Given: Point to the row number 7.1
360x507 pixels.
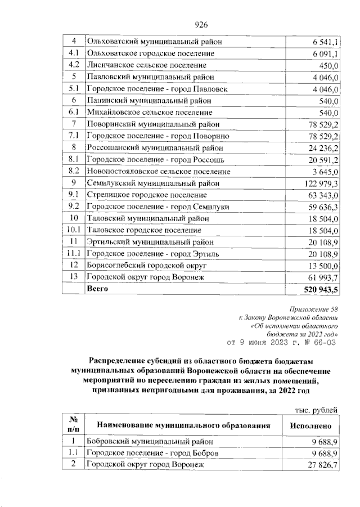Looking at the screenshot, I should coord(73,136).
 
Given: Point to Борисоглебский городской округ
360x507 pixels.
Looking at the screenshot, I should coord(147,264).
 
